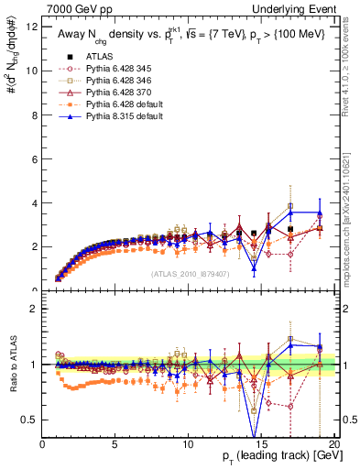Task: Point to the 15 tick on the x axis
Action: [x=260, y=445]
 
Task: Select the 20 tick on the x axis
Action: [x=333, y=445]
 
